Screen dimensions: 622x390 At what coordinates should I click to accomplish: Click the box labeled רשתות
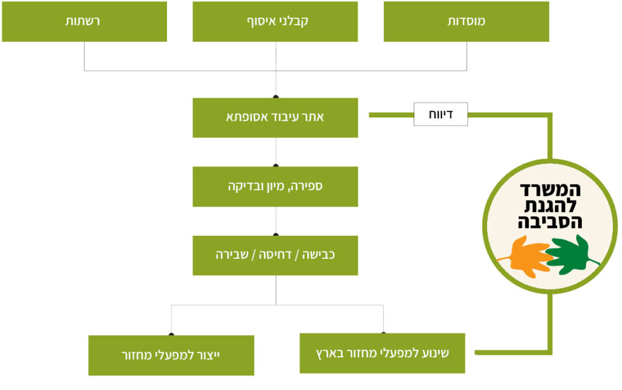coord(84,21)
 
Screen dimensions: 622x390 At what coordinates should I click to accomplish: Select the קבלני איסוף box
coord(275,21)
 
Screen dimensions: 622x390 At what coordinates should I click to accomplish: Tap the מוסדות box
coord(466,21)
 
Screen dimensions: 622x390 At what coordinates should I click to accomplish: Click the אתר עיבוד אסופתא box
coord(275,118)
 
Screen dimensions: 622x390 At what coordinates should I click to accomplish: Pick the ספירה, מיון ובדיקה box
coord(275,186)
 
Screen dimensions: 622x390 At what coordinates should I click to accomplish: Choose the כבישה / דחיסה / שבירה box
coord(275,256)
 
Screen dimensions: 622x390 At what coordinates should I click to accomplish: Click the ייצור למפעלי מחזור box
coord(171,355)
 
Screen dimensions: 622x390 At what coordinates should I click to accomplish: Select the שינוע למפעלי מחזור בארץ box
coord(383,353)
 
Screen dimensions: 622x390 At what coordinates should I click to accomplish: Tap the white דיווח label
coord(441,114)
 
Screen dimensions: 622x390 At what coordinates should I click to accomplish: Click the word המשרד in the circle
coord(550,190)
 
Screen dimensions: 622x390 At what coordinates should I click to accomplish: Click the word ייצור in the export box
coord(209,355)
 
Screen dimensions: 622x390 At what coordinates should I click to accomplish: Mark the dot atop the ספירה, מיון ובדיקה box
coord(276,165)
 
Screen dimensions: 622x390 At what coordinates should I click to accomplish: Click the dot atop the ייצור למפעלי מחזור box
coord(171,334)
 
